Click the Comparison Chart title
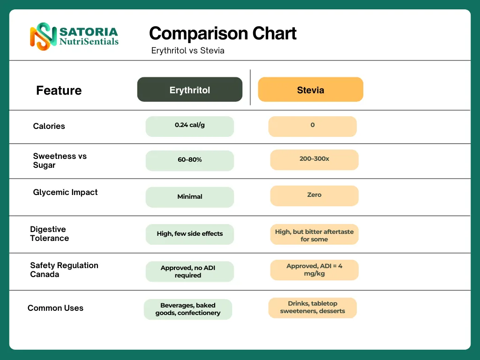coord(223,33)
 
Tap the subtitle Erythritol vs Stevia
coord(187,51)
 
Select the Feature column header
coord(59,90)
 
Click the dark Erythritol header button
coord(189,90)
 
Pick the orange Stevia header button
coord(310,90)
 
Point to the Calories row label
coord(49,126)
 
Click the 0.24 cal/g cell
coord(189,126)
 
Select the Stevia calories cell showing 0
coord(312,126)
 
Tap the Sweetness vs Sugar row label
coord(60,160)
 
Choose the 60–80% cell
coord(189,160)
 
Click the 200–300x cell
coord(314,159)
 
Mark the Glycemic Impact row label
coord(65,192)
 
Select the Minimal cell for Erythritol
coord(189,197)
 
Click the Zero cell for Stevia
coord(314,195)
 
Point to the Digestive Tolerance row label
coord(49,233)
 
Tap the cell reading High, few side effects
coord(189,234)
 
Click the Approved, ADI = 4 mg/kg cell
coord(314,270)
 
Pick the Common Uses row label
coord(55,308)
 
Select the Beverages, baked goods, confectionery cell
coord(187,309)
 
